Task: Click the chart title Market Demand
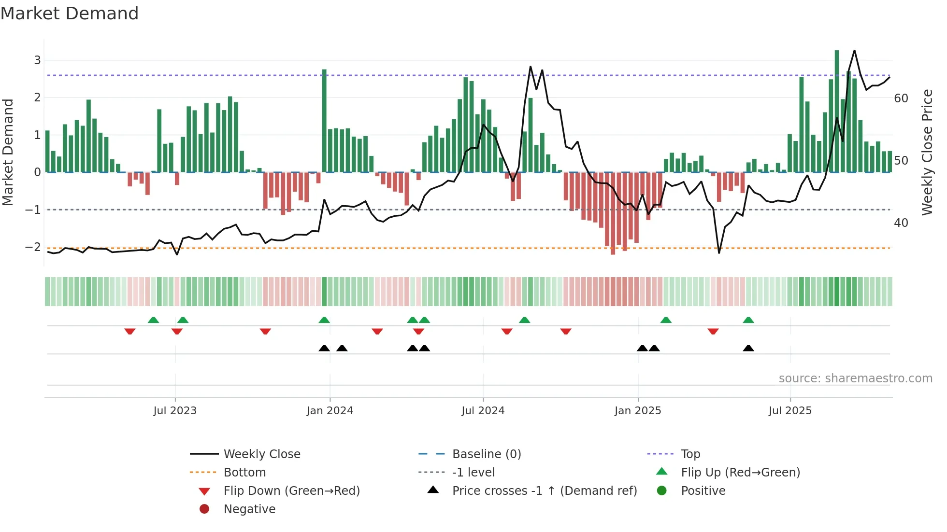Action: tap(70, 14)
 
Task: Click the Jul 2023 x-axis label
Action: tap(175, 411)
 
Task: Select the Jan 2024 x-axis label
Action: tap(330, 411)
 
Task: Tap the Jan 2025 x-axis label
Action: tap(637, 411)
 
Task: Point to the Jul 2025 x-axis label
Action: tap(790, 411)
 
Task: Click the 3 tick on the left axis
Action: tap(37, 60)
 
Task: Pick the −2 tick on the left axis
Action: tap(33, 247)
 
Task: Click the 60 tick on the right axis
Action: tap(901, 98)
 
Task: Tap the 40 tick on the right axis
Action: tap(901, 223)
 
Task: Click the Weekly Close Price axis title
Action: tap(927, 152)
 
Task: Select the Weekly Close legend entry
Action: tap(261, 454)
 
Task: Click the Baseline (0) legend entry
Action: tap(486, 454)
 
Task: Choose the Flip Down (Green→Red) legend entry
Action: tap(291, 491)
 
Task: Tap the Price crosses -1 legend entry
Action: tap(544, 491)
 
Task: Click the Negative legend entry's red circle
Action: tap(204, 509)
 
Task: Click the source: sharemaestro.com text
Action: tap(855, 378)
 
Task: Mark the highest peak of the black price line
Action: tap(854, 51)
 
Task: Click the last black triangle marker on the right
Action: tap(748, 349)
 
